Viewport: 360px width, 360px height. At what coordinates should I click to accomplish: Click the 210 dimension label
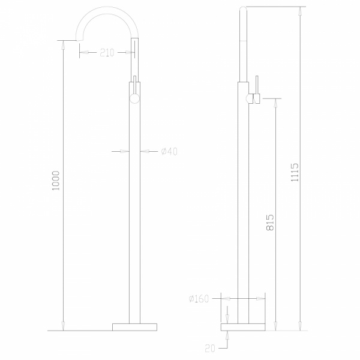click(x=107, y=53)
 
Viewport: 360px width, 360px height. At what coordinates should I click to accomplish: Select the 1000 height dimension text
click(x=56, y=181)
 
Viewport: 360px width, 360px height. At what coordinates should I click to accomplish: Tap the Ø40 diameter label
click(x=169, y=151)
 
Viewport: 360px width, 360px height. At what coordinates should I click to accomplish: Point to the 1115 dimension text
click(x=295, y=172)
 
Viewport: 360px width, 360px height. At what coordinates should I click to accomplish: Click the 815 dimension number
click(x=270, y=222)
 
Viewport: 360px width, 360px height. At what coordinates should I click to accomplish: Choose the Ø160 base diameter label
click(x=199, y=299)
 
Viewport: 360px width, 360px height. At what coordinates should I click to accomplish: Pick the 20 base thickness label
click(x=210, y=349)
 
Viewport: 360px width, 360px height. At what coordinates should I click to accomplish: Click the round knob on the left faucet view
click(x=134, y=99)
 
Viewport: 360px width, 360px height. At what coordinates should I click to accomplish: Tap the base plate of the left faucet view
click(x=134, y=327)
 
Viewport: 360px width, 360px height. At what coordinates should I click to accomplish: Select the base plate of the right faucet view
click(x=243, y=327)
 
